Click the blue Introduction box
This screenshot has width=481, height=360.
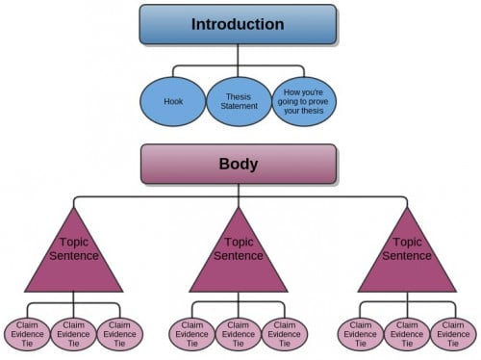pos(238,24)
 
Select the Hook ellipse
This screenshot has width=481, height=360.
pos(172,101)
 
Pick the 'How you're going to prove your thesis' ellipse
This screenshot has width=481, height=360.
pos(303,101)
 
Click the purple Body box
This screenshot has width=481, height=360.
pos(238,164)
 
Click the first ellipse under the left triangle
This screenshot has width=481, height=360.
pos(26,333)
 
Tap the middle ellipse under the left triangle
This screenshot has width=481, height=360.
pos(72,333)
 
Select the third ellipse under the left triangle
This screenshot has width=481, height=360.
pos(118,333)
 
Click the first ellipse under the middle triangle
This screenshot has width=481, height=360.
pos(192,333)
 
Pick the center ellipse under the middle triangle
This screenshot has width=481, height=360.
pos(239,333)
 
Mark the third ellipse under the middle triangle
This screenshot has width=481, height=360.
pos(285,333)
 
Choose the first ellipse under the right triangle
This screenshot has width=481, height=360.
pos(361,333)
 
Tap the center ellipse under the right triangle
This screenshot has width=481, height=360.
pos(407,333)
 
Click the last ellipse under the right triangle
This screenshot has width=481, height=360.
pos(453,333)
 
